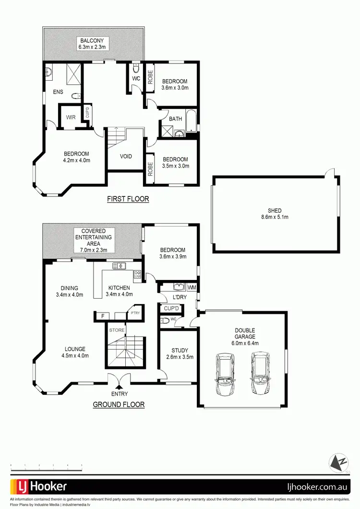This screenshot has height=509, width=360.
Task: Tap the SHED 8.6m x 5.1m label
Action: point(275,214)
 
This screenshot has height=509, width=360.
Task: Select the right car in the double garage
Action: point(260,372)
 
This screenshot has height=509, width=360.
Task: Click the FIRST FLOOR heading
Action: point(128,199)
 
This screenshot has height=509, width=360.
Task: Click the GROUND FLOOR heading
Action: point(119,405)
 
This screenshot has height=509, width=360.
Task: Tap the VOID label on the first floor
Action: point(126,157)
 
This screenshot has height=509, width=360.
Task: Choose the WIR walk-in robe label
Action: point(70,117)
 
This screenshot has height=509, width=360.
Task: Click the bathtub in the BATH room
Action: point(191,121)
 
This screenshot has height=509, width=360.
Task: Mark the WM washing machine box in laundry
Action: point(192,287)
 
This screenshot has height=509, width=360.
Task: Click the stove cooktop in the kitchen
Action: point(137,275)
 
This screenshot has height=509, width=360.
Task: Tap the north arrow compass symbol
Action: point(339,463)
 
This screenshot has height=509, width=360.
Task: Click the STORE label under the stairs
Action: point(117,330)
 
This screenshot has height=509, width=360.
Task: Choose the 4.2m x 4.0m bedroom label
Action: point(77,157)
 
